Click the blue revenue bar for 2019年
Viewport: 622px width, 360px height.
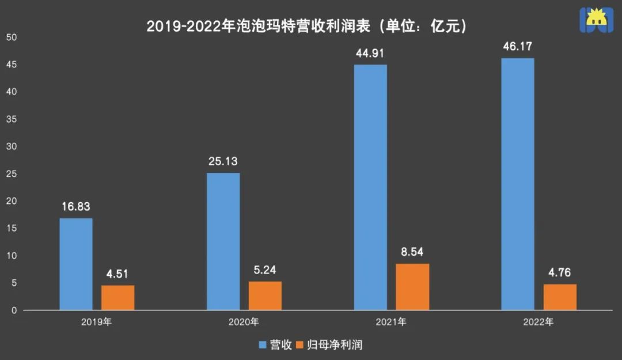[x=76, y=264]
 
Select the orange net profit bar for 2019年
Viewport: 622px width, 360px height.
[x=117, y=297]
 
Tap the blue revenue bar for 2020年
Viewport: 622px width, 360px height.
[x=223, y=241]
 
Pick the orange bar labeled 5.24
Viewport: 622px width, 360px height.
[x=265, y=295]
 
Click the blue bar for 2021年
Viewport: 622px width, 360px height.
[x=370, y=187]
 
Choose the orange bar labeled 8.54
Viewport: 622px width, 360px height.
[x=412, y=286]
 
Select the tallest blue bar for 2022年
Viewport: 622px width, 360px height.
[x=518, y=184]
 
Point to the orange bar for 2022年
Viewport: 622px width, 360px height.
[x=560, y=297]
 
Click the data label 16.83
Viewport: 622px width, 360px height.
[x=76, y=207]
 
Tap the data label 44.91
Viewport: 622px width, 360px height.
[x=370, y=54]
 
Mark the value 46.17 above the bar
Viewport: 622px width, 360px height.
[x=518, y=47]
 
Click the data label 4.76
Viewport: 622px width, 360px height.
[x=560, y=273]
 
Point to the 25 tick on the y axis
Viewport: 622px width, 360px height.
[x=12, y=174]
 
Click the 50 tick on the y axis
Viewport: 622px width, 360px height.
[x=12, y=37]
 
